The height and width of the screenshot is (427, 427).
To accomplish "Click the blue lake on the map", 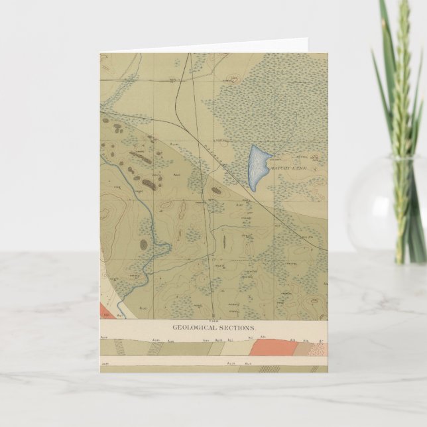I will coord(257,167).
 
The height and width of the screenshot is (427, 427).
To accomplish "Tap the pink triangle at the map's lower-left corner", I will coord(106,310).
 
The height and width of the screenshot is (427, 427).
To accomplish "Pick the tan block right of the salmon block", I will coord(290,349).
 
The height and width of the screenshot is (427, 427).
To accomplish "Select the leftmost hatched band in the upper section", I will coord(119,350).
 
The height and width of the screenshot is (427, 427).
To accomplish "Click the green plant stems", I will coord(401,99).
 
